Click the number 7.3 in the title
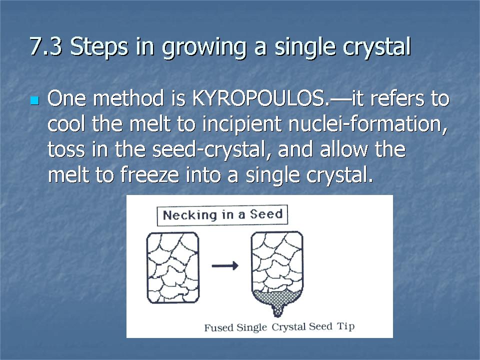pos(45,46)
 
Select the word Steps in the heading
pos(99,48)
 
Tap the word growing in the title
pos(204,48)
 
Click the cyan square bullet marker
pos(35,100)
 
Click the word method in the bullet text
pos(128,98)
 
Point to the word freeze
pos(149,175)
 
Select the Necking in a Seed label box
pos(222,215)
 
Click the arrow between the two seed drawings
pos(225,265)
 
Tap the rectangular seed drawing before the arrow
pos(173,267)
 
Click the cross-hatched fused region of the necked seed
pos(277,298)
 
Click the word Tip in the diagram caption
pos(346,326)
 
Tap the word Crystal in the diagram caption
pos(288,327)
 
